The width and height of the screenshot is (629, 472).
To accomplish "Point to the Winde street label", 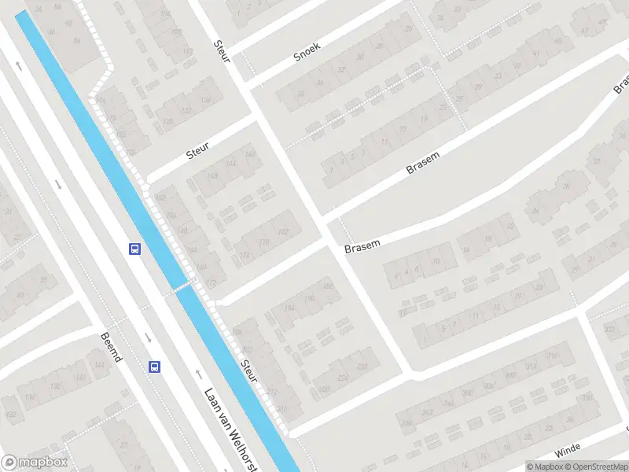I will pos(566,452).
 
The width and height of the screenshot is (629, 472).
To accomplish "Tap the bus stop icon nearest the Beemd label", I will pos(154,367).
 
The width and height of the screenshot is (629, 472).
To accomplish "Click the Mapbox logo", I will pos(35,463).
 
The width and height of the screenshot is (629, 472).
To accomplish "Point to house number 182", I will pos(283,231).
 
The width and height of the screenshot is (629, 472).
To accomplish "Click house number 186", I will pos(327,286).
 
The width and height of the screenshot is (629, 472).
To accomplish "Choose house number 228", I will pos(362,367).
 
